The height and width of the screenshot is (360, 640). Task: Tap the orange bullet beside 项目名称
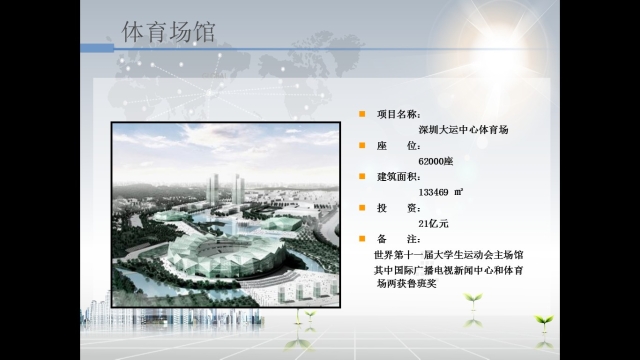click(x=363, y=115)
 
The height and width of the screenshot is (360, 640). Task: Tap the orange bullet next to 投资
click(x=363, y=207)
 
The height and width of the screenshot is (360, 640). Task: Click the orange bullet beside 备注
click(x=363, y=238)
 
